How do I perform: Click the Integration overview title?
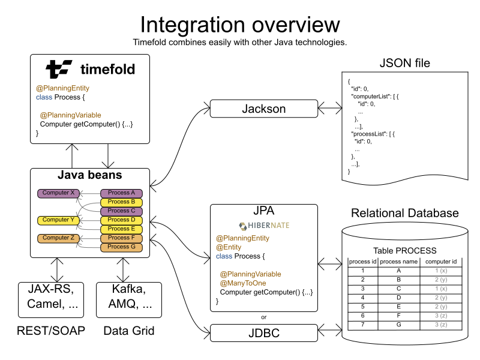[240, 25]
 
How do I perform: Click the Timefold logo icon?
[59, 70]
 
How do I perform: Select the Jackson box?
[263, 109]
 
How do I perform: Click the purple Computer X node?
[58, 193]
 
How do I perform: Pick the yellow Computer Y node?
[58, 220]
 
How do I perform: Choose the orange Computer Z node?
[58, 238]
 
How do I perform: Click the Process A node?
[122, 193]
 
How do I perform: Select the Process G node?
[122, 247]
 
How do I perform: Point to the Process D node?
[122, 220]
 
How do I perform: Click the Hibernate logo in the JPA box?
[264, 226]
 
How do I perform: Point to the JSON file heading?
[405, 63]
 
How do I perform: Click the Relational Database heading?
[404, 213]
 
